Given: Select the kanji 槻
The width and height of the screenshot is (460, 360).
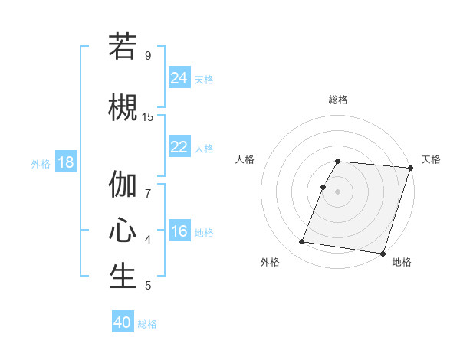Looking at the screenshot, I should point(123,106).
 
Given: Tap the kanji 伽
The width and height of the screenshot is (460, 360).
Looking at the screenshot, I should point(123,184).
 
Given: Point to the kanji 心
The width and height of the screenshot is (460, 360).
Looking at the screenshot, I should point(123,231).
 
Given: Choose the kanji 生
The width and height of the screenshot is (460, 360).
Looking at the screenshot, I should point(123,277).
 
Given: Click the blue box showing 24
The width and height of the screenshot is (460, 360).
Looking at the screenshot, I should point(179,77).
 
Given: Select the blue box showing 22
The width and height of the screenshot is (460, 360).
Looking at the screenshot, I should point(179,147).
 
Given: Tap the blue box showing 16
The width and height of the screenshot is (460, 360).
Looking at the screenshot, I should point(179,231).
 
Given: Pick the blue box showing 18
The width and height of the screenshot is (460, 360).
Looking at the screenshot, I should point(65,162).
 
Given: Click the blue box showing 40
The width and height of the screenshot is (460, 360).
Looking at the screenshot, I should point(123,322).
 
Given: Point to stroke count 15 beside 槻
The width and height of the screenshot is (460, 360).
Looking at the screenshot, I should point(148,116).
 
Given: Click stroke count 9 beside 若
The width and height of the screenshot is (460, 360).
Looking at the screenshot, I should point(148,55).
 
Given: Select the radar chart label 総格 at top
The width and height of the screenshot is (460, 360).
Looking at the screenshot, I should point(338,100).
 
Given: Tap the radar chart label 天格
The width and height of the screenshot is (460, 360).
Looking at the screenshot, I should point(431,159).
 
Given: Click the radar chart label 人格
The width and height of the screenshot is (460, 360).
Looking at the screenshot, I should point(245,159).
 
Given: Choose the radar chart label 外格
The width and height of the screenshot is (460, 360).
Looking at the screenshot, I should point(270,262).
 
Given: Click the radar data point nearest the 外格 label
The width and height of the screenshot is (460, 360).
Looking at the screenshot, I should point(302,242).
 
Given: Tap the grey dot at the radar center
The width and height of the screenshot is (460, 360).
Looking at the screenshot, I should point(338,191).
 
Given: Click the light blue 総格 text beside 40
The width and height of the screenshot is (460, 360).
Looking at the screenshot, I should point(147,324).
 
